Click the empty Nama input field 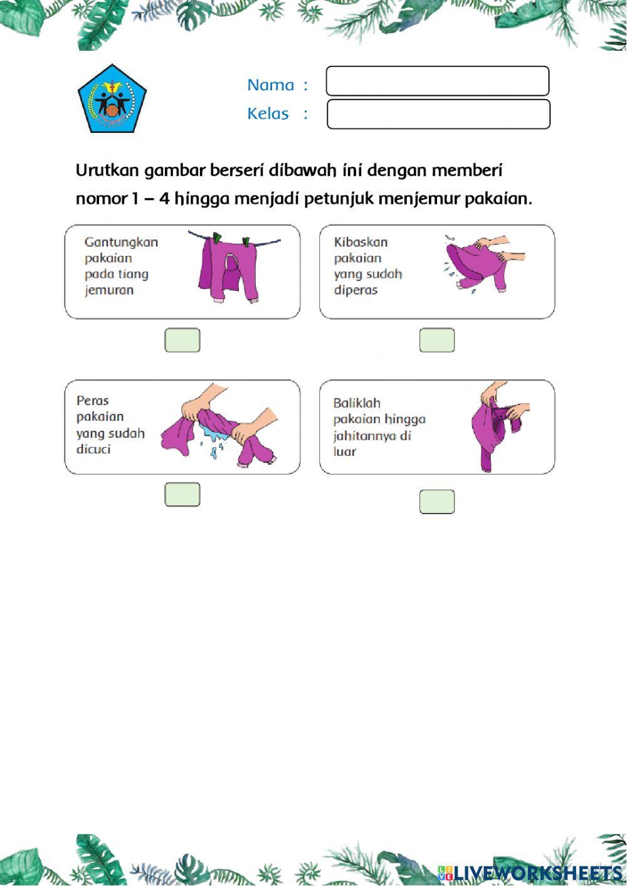tap(437, 81)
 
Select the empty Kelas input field tap(438, 114)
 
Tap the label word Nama tap(270, 85)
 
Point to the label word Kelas tap(268, 113)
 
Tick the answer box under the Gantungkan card tap(182, 340)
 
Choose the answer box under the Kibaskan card tap(437, 340)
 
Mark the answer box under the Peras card tap(182, 494)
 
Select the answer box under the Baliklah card tap(437, 502)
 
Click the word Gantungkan tap(121, 242)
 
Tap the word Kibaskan tap(361, 242)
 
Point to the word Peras tap(93, 401)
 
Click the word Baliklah tap(357, 403)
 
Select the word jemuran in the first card tap(109, 290)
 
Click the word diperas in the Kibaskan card tap(356, 290)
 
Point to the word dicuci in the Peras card tap(93, 450)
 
